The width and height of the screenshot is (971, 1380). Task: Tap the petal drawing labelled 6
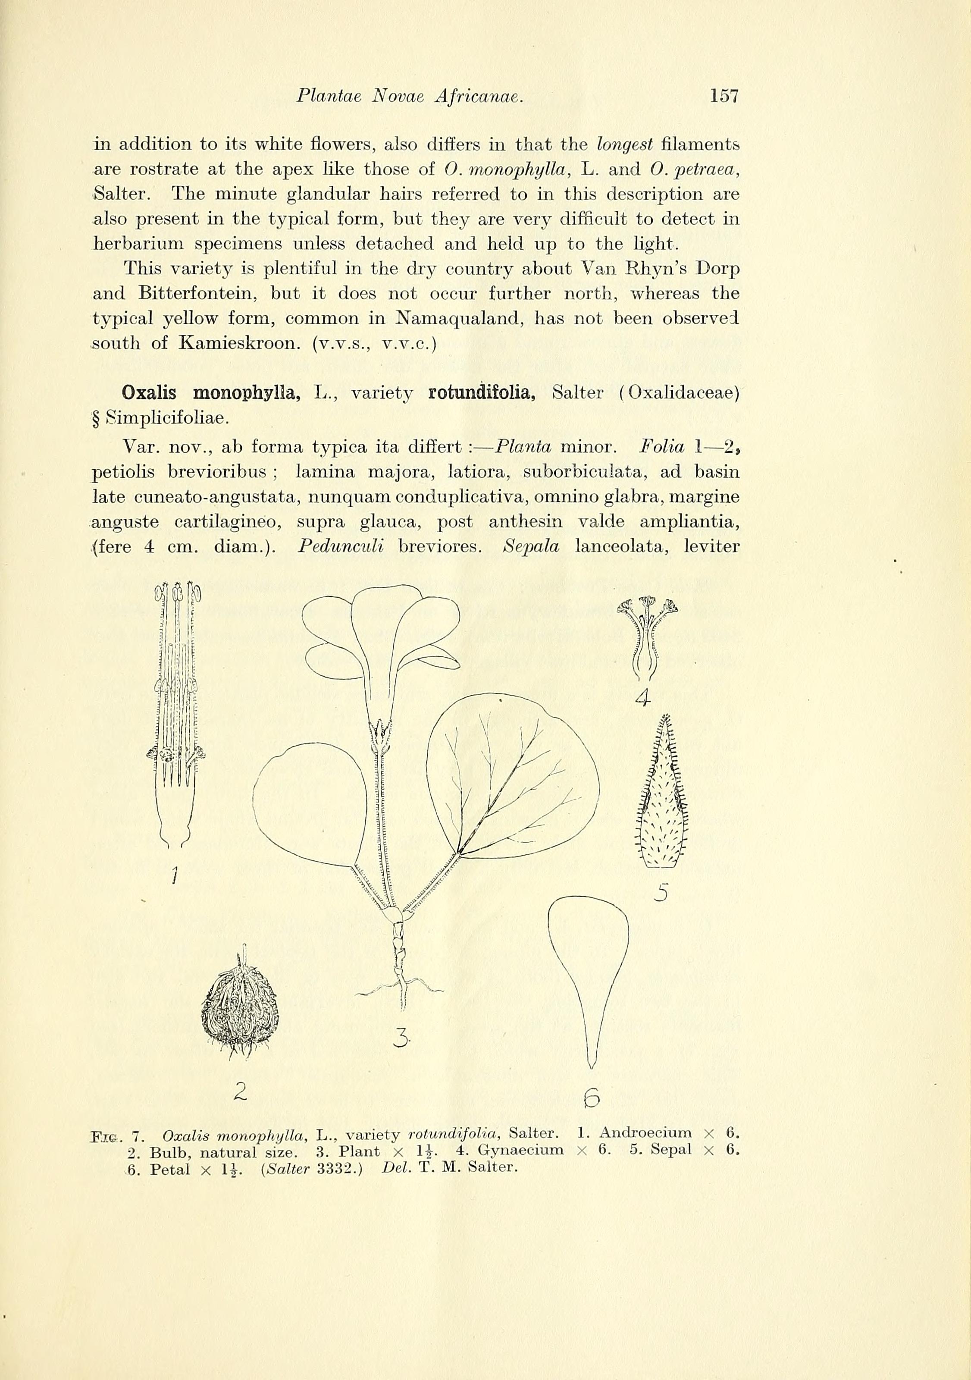click(589, 974)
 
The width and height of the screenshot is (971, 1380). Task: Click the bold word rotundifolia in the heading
click(481, 394)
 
